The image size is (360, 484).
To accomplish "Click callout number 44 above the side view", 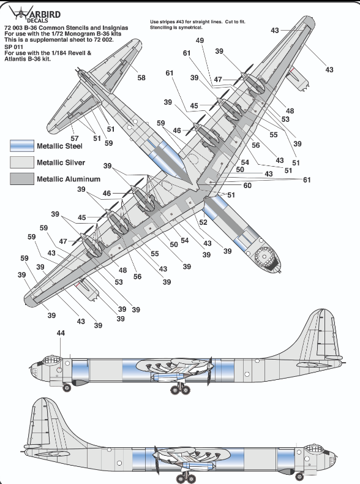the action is pos(61,333).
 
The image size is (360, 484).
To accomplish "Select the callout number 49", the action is pos(200,40).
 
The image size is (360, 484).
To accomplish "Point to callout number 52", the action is pos(203,222).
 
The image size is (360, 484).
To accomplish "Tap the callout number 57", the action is pos(75,138).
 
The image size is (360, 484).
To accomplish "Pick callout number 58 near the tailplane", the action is pos(141,78).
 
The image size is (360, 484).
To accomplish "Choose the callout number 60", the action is pos(247,186).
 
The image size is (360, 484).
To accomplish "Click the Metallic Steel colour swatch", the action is pos(22,146).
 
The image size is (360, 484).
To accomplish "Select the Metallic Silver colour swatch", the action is pos(22,162).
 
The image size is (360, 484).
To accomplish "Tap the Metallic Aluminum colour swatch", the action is pos(22,179).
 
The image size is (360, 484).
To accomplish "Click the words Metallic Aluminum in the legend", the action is pos(69,179).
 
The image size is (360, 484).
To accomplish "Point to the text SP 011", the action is pos(13,47).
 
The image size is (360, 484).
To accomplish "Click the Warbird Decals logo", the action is pos(34,14).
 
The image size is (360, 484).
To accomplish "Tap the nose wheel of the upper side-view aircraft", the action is pos(67,387).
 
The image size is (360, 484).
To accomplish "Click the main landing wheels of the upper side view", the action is pos(181,390).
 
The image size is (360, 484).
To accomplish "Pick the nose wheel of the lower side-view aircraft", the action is pos(298,476).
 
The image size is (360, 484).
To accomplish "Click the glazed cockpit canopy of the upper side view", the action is pos(53,360).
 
